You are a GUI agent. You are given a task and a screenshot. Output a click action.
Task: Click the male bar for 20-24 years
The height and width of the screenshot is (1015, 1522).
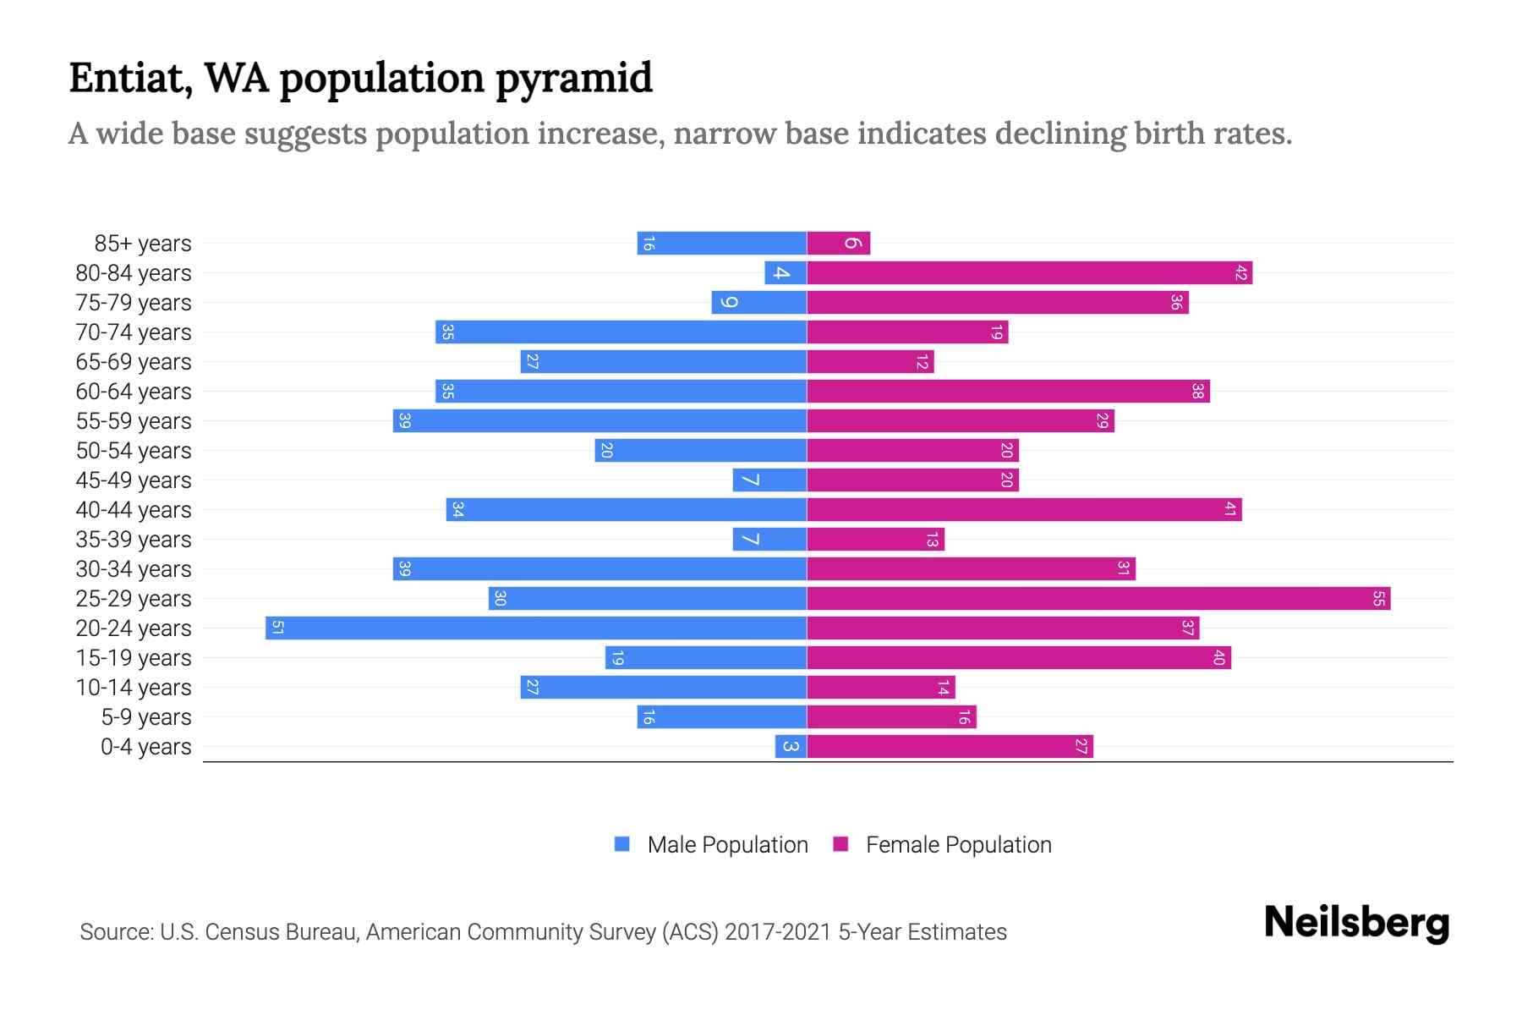point(536,628)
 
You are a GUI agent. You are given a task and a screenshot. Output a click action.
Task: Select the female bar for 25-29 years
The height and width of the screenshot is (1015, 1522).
point(1098,599)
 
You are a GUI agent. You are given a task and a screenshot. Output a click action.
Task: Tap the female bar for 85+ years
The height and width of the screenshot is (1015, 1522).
point(838,244)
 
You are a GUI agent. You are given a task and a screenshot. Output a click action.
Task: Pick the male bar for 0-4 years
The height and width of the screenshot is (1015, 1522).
point(791,746)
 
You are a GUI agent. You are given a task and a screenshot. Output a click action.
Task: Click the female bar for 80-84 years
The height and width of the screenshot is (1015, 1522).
point(1029,273)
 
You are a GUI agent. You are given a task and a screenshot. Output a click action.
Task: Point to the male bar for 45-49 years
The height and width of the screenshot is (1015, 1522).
point(769,480)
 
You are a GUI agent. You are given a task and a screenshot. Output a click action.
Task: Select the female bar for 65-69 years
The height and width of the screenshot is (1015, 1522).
point(870,362)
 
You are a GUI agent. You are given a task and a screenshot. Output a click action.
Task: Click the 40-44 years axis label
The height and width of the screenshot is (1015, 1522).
point(134,510)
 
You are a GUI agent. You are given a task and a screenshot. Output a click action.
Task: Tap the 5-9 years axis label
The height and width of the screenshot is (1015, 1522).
point(146,717)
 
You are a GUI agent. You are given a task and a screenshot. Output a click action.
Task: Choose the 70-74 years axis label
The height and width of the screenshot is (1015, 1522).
point(134,332)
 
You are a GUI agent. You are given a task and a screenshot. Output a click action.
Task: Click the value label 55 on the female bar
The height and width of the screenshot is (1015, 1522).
point(1378,599)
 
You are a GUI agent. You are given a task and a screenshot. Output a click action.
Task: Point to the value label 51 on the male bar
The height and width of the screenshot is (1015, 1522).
point(277,628)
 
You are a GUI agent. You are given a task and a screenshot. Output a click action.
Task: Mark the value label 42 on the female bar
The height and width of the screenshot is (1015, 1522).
point(1240,273)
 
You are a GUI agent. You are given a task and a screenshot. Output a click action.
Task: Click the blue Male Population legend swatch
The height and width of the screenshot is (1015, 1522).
point(622,844)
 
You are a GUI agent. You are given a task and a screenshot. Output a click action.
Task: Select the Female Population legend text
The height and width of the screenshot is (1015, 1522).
point(958,844)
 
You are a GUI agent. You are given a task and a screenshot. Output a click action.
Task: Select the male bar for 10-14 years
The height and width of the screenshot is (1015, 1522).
point(663,688)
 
